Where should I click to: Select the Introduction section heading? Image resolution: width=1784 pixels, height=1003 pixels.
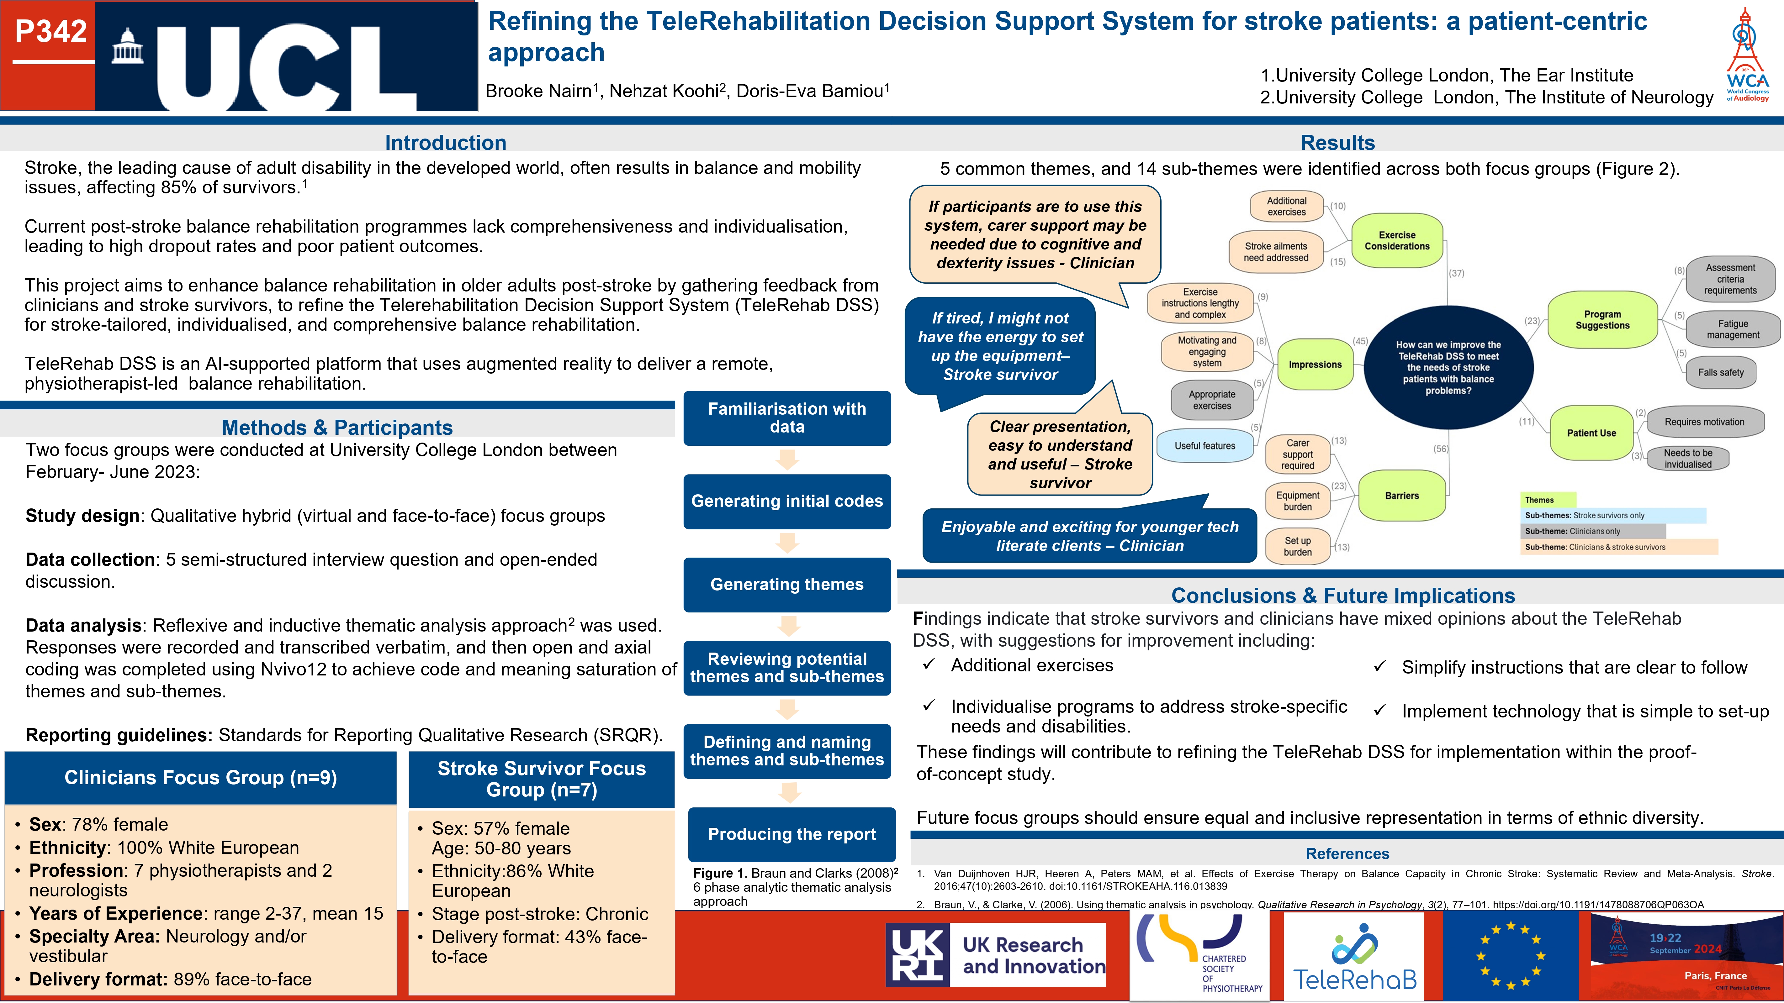tap(445, 143)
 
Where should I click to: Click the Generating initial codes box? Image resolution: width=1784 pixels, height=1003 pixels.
tap(787, 501)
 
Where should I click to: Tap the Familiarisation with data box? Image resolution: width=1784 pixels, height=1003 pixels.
tap(787, 418)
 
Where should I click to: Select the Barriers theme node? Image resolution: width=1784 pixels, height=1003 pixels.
tap(1402, 496)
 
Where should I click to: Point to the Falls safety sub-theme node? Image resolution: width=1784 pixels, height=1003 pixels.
tap(1720, 372)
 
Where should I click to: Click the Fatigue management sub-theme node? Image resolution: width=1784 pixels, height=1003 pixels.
tap(1733, 329)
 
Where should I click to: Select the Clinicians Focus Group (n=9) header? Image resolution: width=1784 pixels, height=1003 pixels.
tap(201, 778)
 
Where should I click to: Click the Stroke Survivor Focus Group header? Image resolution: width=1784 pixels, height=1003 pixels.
tap(542, 780)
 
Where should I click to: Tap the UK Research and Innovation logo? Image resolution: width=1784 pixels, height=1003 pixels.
tap(996, 955)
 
